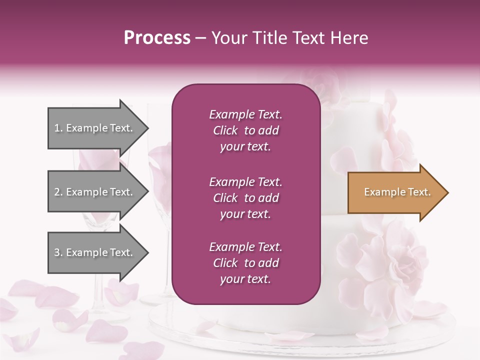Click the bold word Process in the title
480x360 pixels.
click(157, 38)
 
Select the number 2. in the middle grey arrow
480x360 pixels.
click(58, 192)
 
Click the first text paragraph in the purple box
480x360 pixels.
click(245, 130)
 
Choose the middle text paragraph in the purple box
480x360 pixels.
click(245, 198)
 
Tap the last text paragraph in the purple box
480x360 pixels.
click(245, 263)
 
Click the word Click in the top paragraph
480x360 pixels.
click(225, 130)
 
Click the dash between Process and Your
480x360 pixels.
click(200, 38)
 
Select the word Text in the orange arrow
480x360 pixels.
click(420, 192)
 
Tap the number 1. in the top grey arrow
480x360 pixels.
click(58, 128)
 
